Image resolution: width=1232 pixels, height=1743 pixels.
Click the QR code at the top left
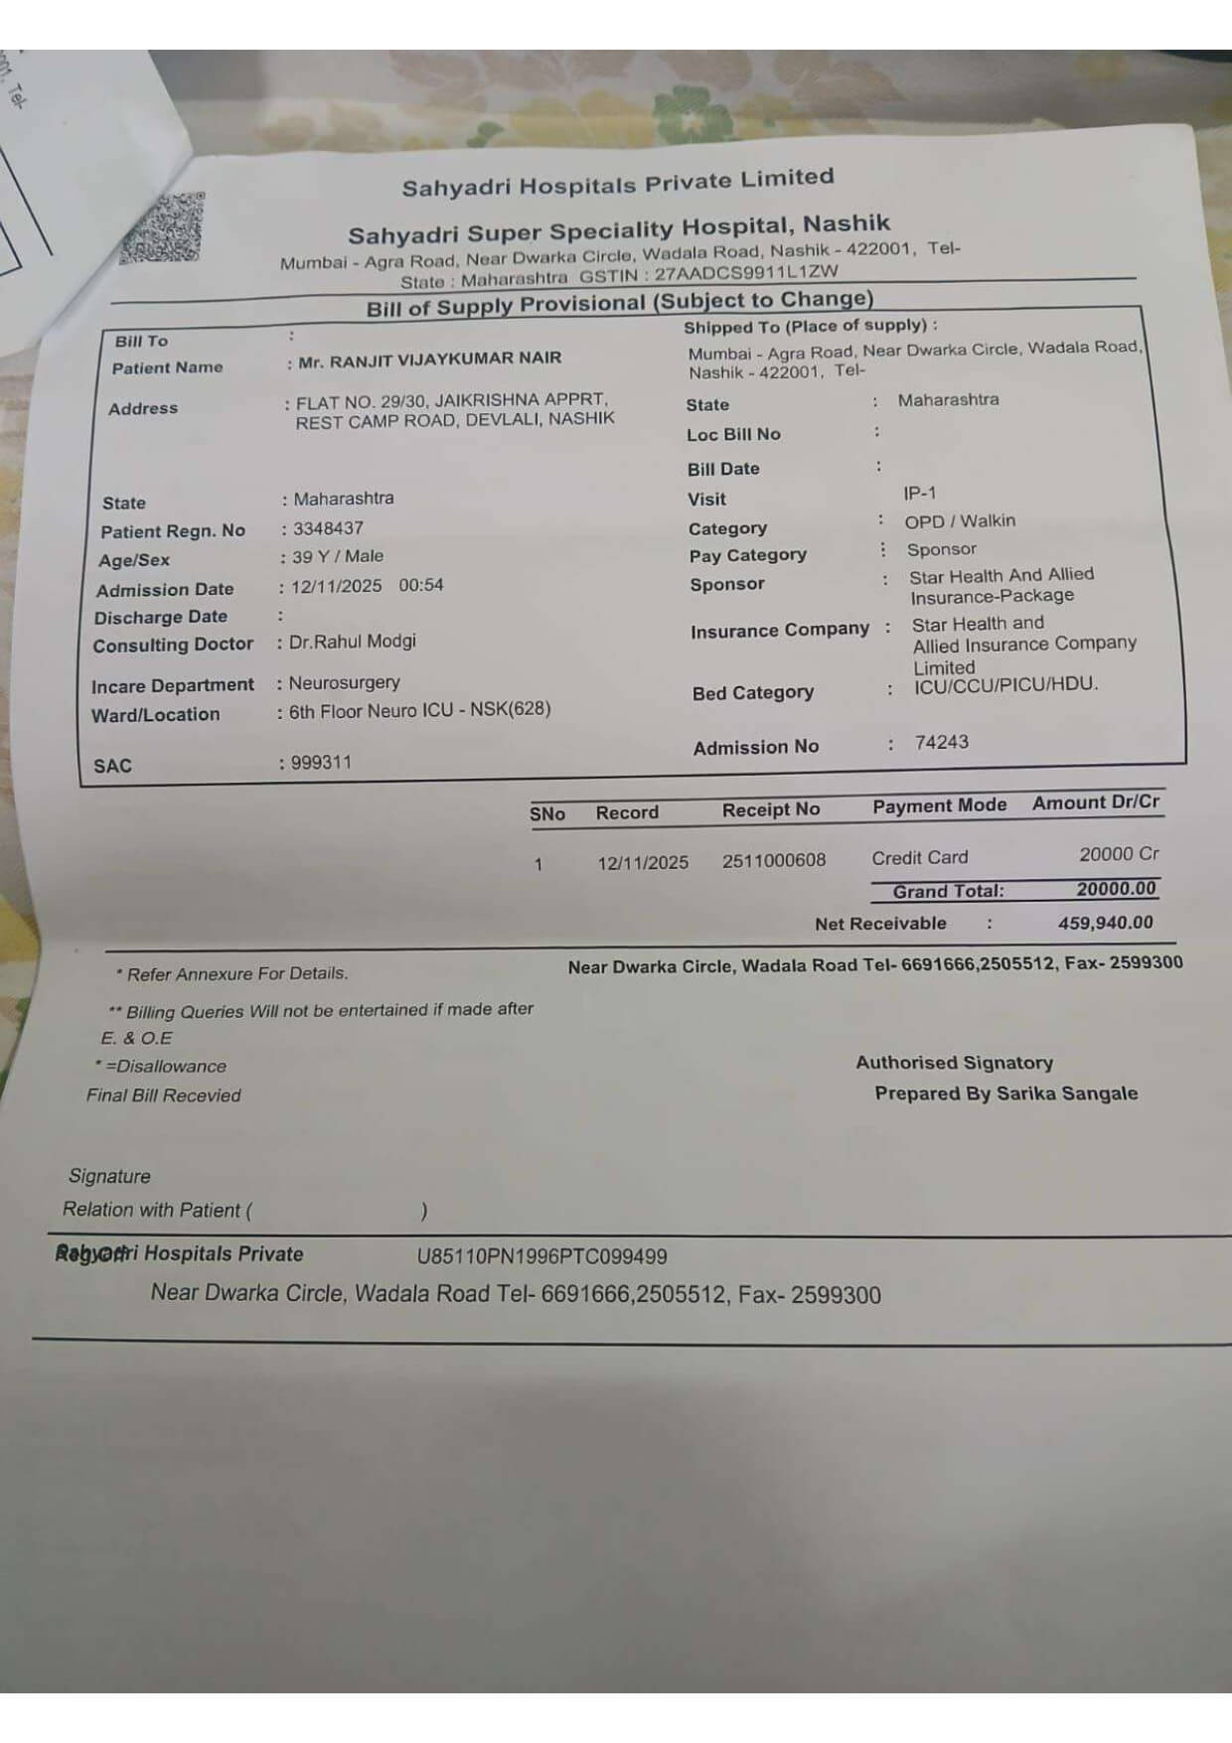pyautogui.click(x=162, y=229)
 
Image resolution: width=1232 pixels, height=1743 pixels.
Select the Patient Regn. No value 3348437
pyautogui.click(x=328, y=528)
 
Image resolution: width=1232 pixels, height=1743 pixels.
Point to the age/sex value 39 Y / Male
pyautogui.click(x=338, y=556)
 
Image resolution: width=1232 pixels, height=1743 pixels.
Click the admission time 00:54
pyautogui.click(x=421, y=585)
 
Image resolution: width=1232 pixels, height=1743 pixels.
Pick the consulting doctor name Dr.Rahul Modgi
pyautogui.click(x=353, y=642)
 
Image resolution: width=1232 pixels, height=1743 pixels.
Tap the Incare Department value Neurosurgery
pyautogui.click(x=344, y=682)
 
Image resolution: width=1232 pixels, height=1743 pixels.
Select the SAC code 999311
pyautogui.click(x=321, y=763)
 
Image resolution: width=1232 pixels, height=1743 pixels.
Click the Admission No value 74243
pyautogui.click(x=941, y=742)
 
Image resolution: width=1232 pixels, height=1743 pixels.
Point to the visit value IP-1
pyautogui.click(x=920, y=494)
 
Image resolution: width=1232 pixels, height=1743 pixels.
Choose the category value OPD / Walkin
pyautogui.click(x=960, y=521)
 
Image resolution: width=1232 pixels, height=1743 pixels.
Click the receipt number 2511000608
pyautogui.click(x=774, y=860)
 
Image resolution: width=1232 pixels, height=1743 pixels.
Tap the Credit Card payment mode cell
pyautogui.click(x=920, y=857)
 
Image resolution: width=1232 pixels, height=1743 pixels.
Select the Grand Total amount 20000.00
pyautogui.click(x=1116, y=889)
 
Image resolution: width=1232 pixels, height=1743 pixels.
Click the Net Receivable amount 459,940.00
pyautogui.click(x=1106, y=923)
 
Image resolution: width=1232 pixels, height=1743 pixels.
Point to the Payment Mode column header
pyautogui.click(x=940, y=805)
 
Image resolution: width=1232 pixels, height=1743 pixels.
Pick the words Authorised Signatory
pyautogui.click(x=955, y=1063)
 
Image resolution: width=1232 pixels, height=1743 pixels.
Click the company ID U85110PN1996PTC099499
pyautogui.click(x=541, y=1256)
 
